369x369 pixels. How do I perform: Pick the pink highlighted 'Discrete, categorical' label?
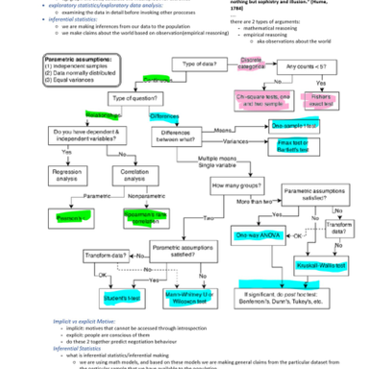coord(252,64)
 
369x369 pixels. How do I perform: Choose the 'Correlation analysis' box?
coord(143,175)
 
